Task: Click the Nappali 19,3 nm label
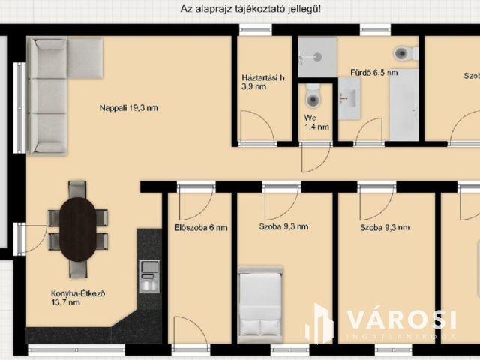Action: coord(129,108)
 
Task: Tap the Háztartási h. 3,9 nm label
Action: coord(264,82)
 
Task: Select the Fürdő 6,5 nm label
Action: coord(374,73)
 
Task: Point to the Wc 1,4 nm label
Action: coord(316,122)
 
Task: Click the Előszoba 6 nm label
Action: coord(201,228)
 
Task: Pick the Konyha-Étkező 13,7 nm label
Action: coord(78,298)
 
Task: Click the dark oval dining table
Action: coord(78,229)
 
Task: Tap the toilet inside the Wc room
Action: coord(313,96)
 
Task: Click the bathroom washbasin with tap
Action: coord(349,98)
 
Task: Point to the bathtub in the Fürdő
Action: coord(404,105)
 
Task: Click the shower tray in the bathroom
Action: coord(317,57)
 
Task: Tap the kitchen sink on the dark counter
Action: coord(150,277)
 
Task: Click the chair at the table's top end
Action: coord(77,189)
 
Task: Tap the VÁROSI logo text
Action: coord(402,319)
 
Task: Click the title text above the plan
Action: coord(250,8)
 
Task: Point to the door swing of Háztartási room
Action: coord(257,126)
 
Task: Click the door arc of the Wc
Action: coord(316,158)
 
